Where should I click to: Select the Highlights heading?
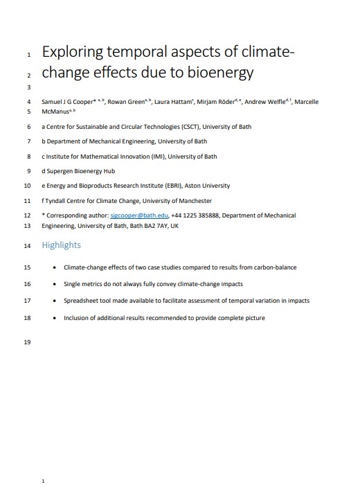pyautogui.click(x=61, y=245)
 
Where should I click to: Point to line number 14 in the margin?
pyautogui.click(x=27, y=245)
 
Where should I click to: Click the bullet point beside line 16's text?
pyautogui.click(x=55, y=284)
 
